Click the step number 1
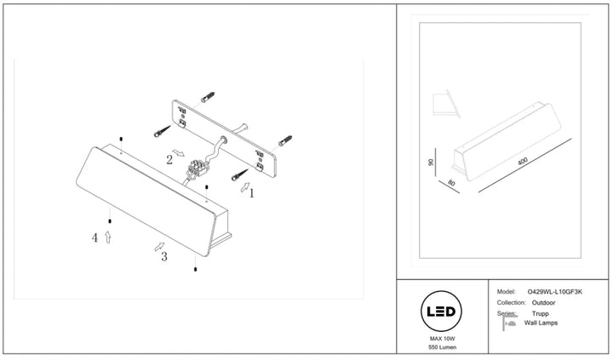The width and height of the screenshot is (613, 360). coord(252,193)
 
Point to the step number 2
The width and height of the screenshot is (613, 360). coord(169,159)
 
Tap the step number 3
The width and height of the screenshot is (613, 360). coord(164,256)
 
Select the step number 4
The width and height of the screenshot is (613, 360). coord(95,237)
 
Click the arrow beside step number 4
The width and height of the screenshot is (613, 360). coord(108,237)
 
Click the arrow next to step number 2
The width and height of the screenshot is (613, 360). coord(179,153)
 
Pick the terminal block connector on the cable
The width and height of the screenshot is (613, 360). coord(197,169)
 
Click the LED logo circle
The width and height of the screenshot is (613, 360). coord(441,311)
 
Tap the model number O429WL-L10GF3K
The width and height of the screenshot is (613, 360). coord(555,292)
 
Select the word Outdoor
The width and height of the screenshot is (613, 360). coord(543,302)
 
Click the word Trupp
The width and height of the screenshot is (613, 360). coord(541,313)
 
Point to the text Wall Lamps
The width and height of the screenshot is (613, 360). coord(541,323)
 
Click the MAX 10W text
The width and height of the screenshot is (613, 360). coord(442,339)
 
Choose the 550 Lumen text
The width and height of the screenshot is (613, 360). coord(442,347)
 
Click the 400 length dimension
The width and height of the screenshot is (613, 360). coord(523,161)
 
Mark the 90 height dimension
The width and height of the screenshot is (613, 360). coord(431,163)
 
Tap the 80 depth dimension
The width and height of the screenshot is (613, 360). coord(451,182)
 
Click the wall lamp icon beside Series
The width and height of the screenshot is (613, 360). coord(508,323)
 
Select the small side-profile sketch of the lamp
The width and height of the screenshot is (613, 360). coord(446,104)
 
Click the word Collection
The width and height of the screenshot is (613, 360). coord(511,302)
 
